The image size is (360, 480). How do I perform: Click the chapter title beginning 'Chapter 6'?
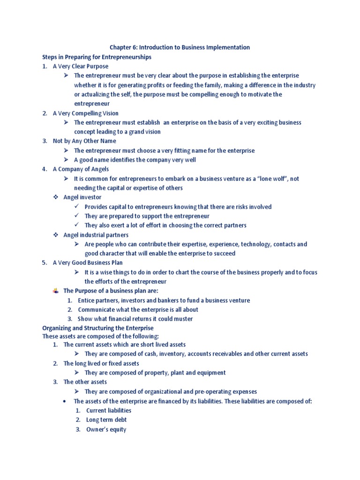[180, 47]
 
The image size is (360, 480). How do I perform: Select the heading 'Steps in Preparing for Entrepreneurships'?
[97, 57]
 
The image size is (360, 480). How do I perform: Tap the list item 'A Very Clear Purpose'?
[80, 66]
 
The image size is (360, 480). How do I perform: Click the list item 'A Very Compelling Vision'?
[85, 113]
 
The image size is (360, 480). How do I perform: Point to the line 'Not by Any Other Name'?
[84, 141]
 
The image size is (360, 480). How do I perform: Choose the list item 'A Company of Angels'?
[81, 169]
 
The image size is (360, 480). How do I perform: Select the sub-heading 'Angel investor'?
[82, 197]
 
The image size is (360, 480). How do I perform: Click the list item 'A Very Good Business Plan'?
[88, 262]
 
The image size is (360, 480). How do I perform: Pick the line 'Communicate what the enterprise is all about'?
[138, 309]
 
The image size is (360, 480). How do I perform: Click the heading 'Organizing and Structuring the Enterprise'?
[98, 328]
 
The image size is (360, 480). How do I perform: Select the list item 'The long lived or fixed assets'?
[101, 363]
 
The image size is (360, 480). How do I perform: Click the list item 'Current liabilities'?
[109, 410]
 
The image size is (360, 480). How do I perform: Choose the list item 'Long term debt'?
[106, 420]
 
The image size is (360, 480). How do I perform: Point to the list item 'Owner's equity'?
[106, 429]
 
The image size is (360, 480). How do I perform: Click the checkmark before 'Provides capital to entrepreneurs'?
[77, 206]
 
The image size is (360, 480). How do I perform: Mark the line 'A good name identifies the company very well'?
[135, 159]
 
